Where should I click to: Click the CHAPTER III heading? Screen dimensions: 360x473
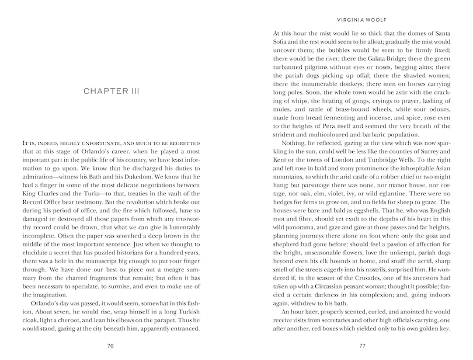click(x=110, y=92)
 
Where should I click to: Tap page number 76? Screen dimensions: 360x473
click(x=110, y=345)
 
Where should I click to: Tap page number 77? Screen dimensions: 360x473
click(x=361, y=345)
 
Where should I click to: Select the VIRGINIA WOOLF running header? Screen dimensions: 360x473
click(x=361, y=18)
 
